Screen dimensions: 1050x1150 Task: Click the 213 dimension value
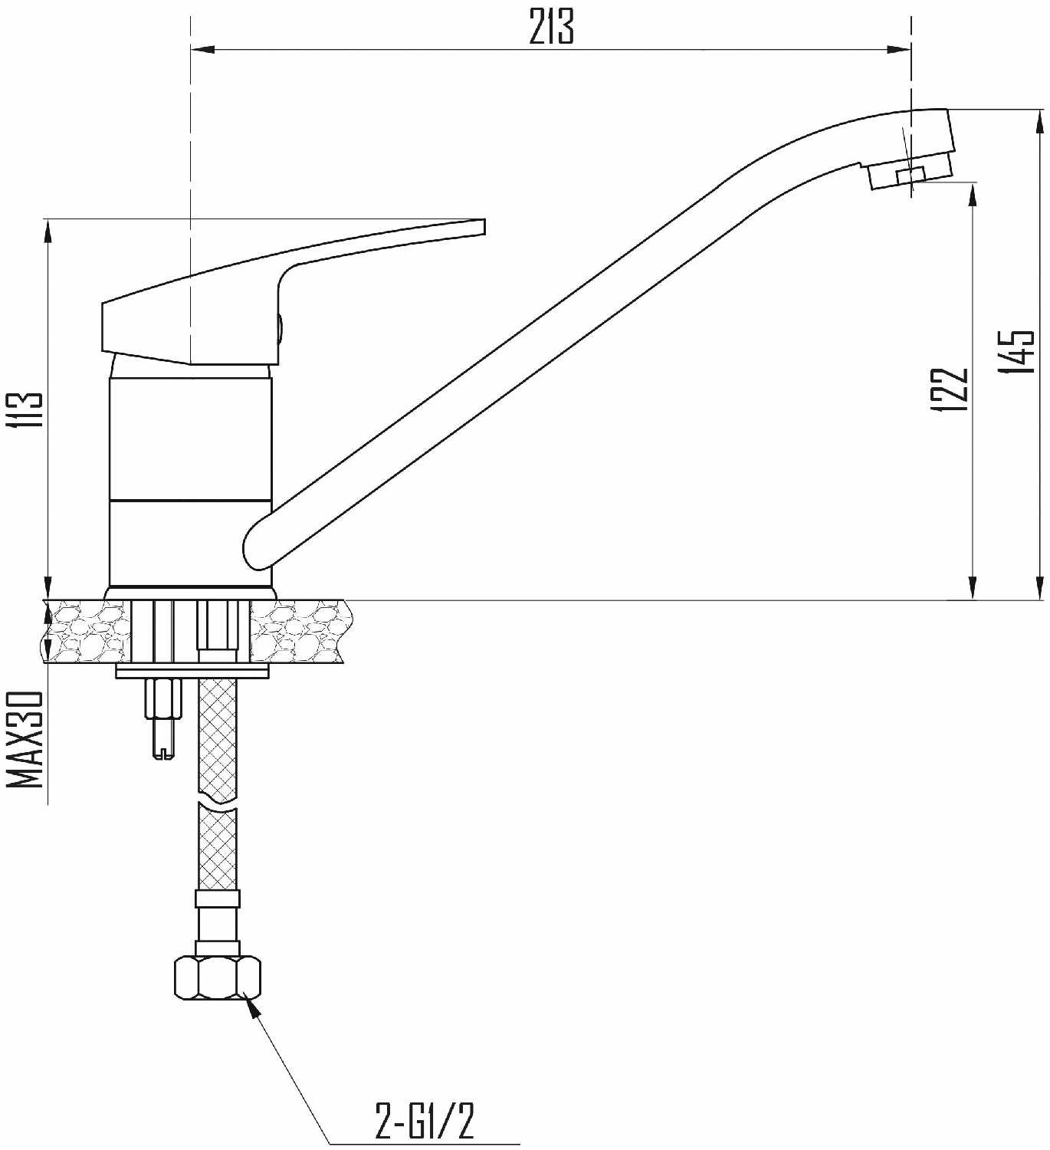pyautogui.click(x=551, y=27)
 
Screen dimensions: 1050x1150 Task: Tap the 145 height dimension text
pyautogui.click(x=1017, y=352)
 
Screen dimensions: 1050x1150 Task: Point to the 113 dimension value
pyautogui.click(x=25, y=410)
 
